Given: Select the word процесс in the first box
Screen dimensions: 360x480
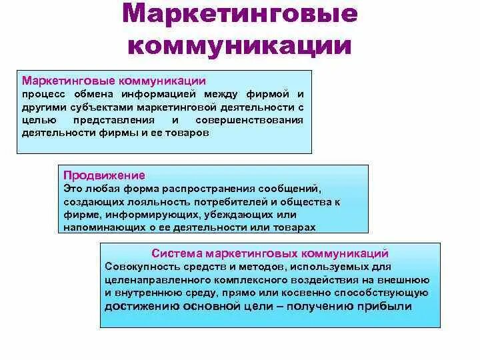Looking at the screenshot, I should pyautogui.click(x=39, y=94).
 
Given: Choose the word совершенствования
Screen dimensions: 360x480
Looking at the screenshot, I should pyautogui.click(x=249, y=120).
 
